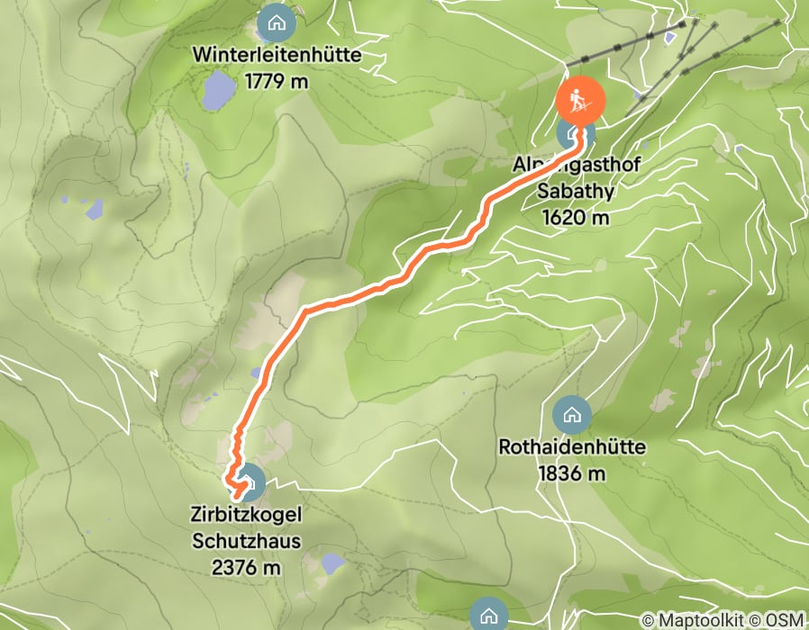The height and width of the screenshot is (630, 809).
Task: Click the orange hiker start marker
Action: [580, 99]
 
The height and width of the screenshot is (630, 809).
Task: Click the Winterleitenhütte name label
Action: [277, 56]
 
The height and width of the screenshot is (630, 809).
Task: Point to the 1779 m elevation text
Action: [277, 81]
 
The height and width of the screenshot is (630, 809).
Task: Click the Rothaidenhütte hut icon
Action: [570, 415]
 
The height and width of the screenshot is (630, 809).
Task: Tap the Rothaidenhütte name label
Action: [572, 447]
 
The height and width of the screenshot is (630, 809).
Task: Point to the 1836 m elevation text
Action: [572, 472]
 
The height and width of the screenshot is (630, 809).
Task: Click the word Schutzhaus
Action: [246, 542]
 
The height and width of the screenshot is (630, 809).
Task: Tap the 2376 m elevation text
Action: [246, 567]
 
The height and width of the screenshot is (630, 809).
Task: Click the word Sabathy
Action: [577, 192]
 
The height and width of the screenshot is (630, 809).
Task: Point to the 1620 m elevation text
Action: [577, 217]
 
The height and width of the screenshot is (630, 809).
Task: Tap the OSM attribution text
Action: [784, 620]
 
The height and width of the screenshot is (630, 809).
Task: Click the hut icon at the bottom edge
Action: [487, 615]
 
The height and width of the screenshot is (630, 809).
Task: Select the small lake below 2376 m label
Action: [332, 564]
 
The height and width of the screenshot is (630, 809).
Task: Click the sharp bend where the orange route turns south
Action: [306, 310]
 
